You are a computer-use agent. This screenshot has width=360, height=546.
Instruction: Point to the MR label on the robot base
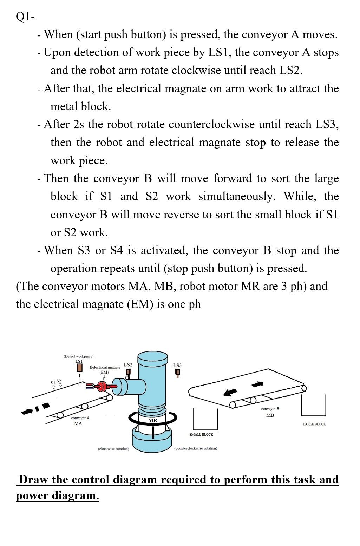[153, 420]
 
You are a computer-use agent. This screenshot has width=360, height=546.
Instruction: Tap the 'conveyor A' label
[80, 418]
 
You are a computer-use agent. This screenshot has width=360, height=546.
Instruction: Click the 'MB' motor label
[270, 415]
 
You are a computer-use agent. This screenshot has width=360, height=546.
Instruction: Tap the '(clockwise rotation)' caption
[113, 449]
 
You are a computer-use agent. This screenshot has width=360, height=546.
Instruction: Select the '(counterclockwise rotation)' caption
[196, 448]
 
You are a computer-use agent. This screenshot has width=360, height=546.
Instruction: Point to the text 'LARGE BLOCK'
[314, 424]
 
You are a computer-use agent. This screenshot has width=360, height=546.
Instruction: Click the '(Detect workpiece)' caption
[79, 356]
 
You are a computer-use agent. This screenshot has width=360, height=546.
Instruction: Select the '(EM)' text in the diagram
[104, 372]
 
